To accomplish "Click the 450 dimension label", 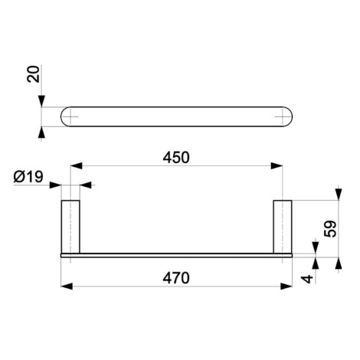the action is click(x=176, y=158).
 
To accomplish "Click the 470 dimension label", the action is click(x=176, y=278).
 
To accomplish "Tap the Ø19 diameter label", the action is click(x=28, y=177).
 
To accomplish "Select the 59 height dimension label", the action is click(x=330, y=229).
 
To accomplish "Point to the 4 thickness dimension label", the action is click(x=307, y=279).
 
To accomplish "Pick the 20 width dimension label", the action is click(x=34, y=74).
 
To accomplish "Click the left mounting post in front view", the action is click(x=70, y=227).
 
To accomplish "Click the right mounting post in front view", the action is click(x=283, y=227).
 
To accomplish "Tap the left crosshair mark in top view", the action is click(x=70, y=116).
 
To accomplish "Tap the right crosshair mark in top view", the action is click(x=283, y=116).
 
